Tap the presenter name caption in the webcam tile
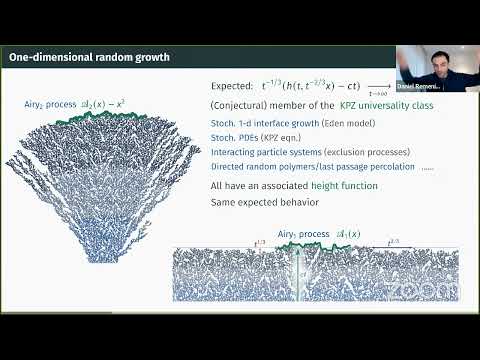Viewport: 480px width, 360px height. coord(439,87)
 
